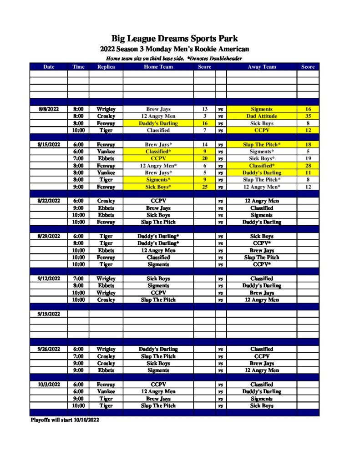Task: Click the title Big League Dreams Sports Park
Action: coord(175,38)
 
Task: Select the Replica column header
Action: coord(106,67)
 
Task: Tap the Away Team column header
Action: coord(262,67)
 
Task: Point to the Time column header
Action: coord(78,67)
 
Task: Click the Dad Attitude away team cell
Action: coord(262,116)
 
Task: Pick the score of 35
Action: coord(308,116)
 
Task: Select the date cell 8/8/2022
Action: coord(49,109)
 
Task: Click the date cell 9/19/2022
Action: coord(49,314)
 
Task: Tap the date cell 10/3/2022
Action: coord(49,385)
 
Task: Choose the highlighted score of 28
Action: coord(308,166)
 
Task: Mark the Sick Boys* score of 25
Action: coord(204,187)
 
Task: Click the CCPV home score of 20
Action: coord(204,159)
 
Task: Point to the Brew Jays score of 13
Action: coord(204,109)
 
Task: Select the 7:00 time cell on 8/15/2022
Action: coord(78,159)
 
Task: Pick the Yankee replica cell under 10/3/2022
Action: coord(106,391)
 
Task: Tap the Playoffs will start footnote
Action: coord(65,420)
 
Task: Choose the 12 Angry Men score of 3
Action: coord(204,116)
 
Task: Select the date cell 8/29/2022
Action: coord(49,236)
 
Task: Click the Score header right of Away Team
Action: coord(308,67)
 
